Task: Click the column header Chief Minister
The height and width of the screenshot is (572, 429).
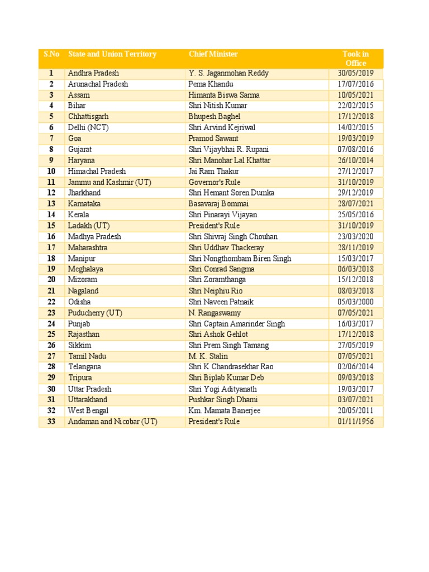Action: tap(213, 54)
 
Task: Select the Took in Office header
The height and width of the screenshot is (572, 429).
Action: tap(356, 59)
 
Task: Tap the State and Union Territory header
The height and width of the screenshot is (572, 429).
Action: tap(112, 54)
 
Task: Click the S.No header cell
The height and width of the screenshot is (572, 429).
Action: tap(51, 54)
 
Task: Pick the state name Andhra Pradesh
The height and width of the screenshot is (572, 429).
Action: tap(93, 73)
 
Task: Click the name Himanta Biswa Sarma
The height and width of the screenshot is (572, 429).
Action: tap(224, 95)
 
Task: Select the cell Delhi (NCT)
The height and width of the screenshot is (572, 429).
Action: tap(89, 127)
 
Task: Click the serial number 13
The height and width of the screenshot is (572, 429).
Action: tap(51, 204)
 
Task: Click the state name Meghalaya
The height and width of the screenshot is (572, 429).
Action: tap(85, 269)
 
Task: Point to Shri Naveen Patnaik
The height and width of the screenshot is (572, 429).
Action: tap(222, 302)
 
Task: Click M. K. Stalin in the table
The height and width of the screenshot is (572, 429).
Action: tap(208, 356)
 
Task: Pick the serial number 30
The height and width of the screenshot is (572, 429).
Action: tap(51, 389)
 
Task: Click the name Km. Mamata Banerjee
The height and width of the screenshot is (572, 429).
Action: tap(225, 411)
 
